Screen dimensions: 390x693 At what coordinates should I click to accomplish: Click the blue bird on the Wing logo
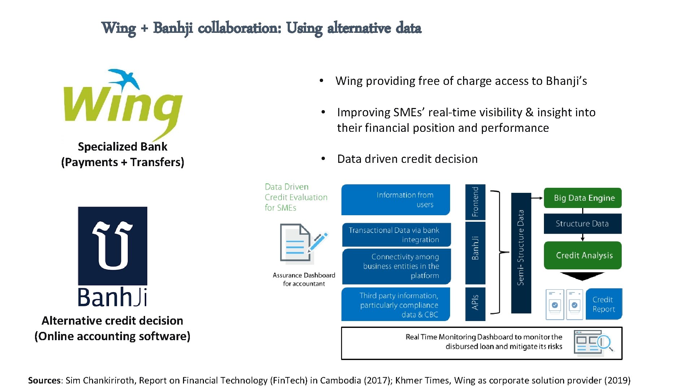tap(125, 79)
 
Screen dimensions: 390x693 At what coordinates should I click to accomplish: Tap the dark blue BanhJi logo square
tap(113, 246)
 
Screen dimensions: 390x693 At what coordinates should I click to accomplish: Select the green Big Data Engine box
tap(583, 198)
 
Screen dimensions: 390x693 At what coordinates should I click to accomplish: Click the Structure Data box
tap(583, 224)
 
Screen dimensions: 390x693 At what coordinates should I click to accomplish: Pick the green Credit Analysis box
tap(583, 255)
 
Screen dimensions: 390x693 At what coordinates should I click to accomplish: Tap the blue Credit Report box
tap(603, 304)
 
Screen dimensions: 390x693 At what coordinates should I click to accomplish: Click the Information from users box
tap(396, 200)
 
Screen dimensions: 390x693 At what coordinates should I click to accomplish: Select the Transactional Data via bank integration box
tap(396, 235)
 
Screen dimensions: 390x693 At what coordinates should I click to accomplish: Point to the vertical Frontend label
tap(475, 202)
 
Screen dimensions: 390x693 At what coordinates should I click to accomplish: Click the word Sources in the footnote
tap(44, 380)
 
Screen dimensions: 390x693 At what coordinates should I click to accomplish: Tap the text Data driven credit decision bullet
tap(407, 159)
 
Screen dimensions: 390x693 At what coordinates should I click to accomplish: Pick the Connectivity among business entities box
tap(396, 266)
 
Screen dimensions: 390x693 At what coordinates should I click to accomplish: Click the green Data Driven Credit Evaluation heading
tap(296, 197)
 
